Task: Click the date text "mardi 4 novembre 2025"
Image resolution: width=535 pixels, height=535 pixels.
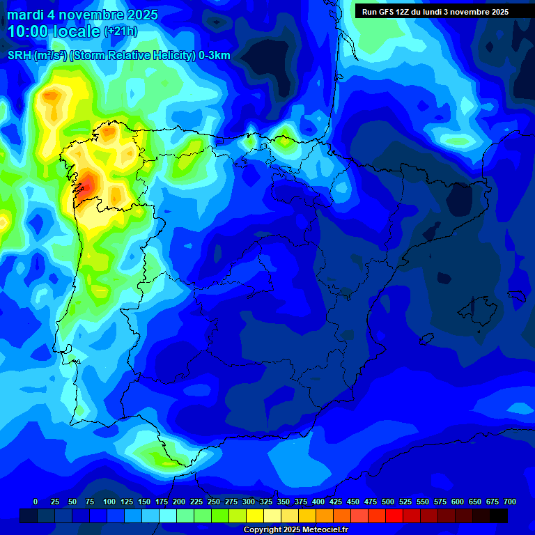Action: point(82,15)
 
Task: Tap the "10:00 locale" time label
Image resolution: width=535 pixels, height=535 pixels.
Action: point(54,31)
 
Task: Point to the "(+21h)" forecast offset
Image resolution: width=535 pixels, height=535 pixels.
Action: point(121,31)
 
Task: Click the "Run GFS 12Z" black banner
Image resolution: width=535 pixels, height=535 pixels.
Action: point(435,12)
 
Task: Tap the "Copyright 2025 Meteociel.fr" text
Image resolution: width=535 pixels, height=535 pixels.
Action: point(295,529)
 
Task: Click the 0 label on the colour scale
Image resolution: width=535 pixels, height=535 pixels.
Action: point(36,502)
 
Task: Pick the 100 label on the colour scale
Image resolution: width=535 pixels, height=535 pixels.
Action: point(109,502)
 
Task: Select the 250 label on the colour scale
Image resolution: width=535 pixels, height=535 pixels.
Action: point(214,502)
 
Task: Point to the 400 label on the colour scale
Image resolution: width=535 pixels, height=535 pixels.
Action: point(318,502)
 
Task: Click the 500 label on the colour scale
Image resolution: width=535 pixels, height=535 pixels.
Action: point(388,502)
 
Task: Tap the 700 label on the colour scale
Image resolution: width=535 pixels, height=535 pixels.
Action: point(510,502)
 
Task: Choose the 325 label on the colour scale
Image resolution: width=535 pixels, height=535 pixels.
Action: point(266,502)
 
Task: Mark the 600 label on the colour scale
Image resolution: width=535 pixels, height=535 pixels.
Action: point(458,502)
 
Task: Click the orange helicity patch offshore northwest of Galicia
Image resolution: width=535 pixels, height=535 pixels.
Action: point(52,101)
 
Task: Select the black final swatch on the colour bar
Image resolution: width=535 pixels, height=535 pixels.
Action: point(499,515)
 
